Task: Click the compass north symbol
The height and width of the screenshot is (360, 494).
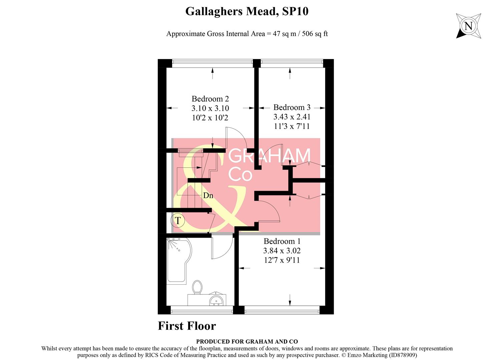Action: coord(468,26)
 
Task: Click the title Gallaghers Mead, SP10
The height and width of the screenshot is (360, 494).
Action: coord(246,11)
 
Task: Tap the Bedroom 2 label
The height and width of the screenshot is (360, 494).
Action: coord(210,99)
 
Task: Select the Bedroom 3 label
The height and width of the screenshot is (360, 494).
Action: coord(292,107)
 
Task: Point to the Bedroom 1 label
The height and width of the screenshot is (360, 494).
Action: coord(282,241)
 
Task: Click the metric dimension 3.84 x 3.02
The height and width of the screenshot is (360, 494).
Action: coord(282,251)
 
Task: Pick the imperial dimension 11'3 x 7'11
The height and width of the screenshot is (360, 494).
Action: coord(292,126)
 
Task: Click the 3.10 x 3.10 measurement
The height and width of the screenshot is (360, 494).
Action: coord(210,108)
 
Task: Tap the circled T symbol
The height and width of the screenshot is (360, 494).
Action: coord(178,221)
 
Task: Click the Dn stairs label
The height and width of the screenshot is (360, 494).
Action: coord(208,195)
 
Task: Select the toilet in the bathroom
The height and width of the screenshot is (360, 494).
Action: coord(197,287)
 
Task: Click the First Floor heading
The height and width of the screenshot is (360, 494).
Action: coord(187,326)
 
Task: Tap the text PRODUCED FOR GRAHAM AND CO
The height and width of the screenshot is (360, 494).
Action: coord(247,341)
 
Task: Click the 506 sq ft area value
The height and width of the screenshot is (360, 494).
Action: coord(315,34)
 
